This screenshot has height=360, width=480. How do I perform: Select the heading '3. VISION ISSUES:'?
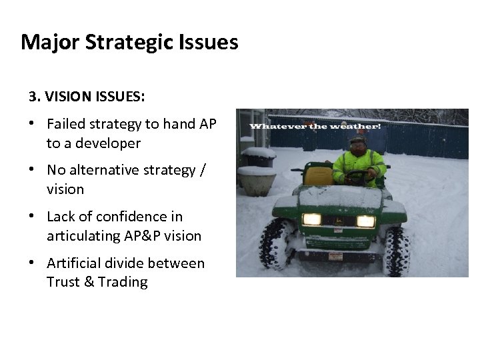[x=87, y=97]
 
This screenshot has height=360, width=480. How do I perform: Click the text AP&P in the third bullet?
[x=140, y=235]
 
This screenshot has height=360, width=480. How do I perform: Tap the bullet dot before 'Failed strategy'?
[x=33, y=124]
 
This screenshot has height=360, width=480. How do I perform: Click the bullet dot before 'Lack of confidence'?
[x=33, y=217]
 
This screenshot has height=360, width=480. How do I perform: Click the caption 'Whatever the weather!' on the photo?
[x=315, y=127]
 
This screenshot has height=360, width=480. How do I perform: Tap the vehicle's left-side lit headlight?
[x=311, y=219]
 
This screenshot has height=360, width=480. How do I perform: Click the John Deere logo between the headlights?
[x=339, y=221]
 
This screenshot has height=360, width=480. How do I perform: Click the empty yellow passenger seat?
[x=318, y=175]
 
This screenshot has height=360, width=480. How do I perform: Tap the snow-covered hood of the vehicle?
[x=340, y=197]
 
